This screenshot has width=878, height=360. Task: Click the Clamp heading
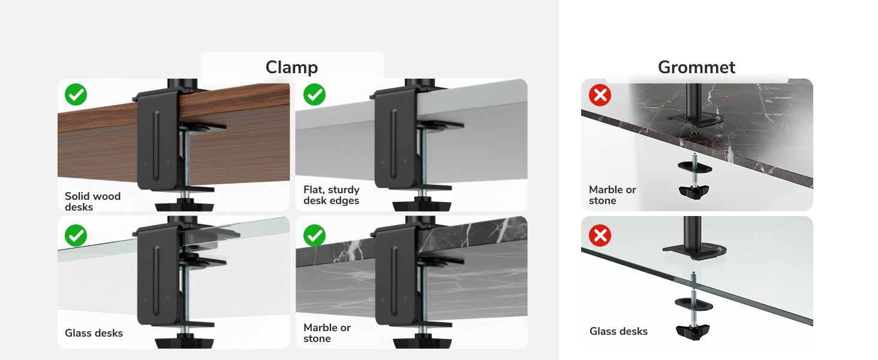(291, 67)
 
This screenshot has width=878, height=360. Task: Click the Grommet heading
(696, 67)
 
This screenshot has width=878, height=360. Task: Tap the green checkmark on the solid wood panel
(76, 94)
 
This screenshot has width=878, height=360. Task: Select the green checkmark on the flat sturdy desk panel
(314, 94)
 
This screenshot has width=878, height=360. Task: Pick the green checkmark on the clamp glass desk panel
(76, 236)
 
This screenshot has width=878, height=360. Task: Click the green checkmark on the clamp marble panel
(314, 236)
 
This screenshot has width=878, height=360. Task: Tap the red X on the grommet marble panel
(600, 95)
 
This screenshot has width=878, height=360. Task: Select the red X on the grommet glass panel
(600, 236)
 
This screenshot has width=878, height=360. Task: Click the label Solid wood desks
(92, 201)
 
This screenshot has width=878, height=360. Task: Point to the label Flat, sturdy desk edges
(331, 195)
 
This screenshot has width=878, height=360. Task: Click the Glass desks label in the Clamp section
(94, 333)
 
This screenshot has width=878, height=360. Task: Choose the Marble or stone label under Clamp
(327, 333)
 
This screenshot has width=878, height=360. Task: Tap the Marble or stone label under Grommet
(612, 195)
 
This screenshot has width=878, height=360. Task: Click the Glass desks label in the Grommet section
(618, 331)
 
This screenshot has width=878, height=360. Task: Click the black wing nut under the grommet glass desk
(693, 331)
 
